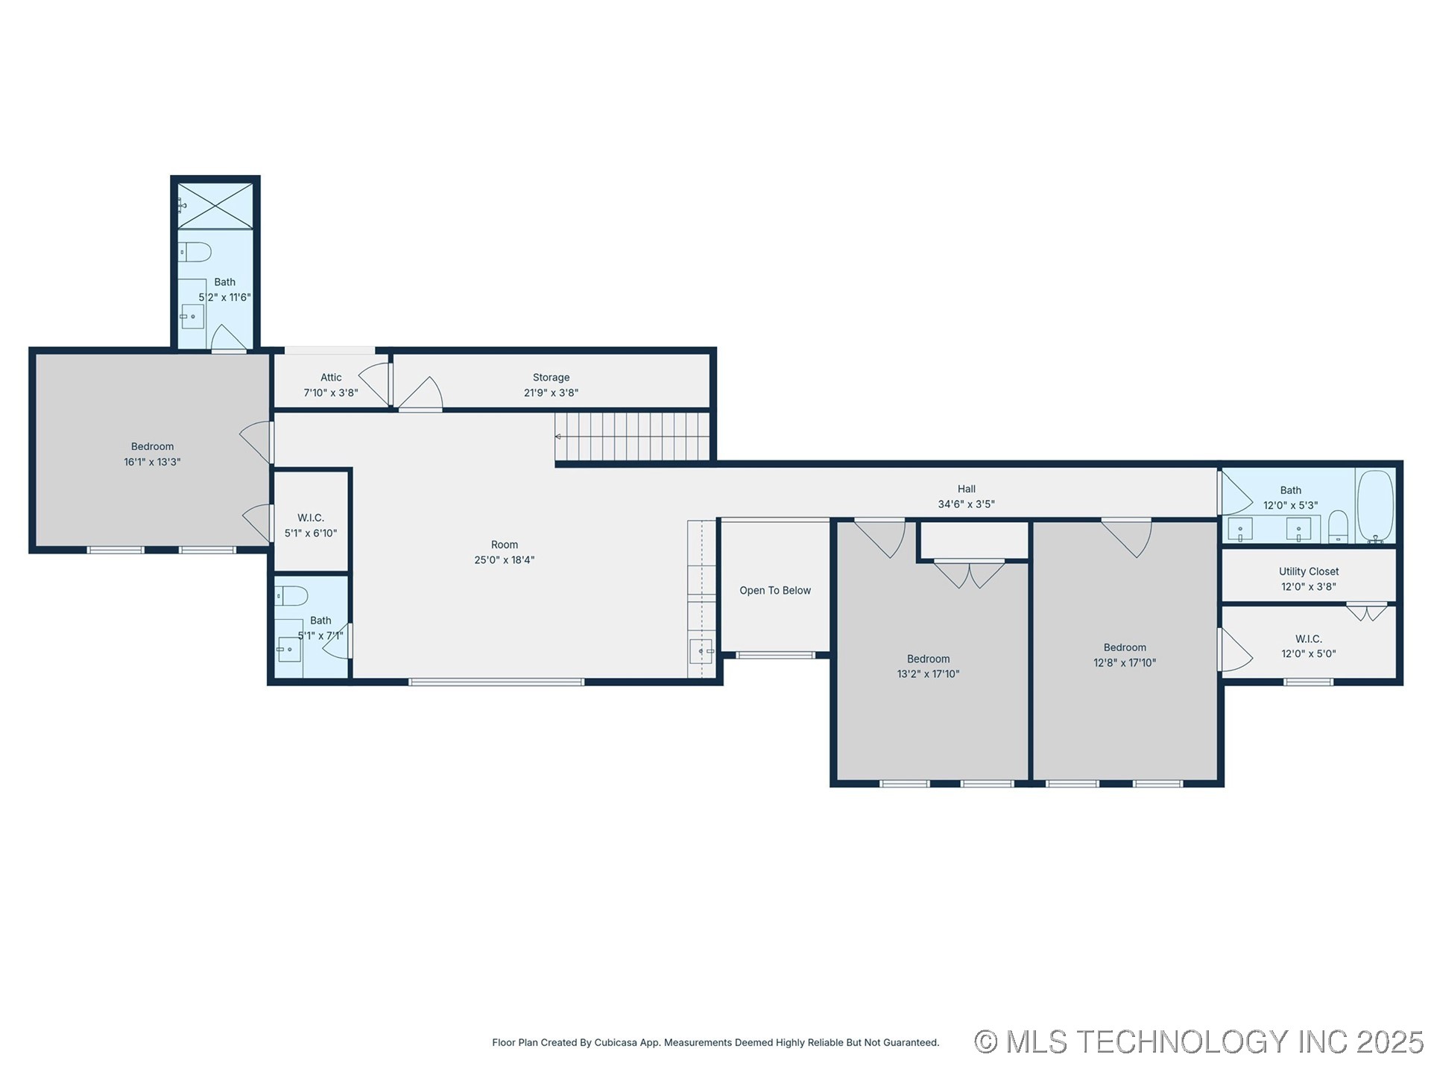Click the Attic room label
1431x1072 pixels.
pyautogui.click(x=331, y=378)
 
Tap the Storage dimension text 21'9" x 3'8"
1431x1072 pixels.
pyautogui.click(x=551, y=393)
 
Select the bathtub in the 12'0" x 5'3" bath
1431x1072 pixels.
pyautogui.click(x=1374, y=506)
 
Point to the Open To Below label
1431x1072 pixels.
pyautogui.click(x=774, y=591)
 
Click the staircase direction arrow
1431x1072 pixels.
pyautogui.click(x=558, y=437)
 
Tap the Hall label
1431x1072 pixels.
pyautogui.click(x=966, y=489)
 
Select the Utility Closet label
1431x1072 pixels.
pyautogui.click(x=1308, y=571)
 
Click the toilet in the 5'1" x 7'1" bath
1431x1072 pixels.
pyautogui.click(x=291, y=596)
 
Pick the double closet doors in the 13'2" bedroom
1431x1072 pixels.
pyautogui.click(x=969, y=574)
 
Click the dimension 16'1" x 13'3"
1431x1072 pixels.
pyautogui.click(x=152, y=462)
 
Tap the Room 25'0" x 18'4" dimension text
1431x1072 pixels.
pyautogui.click(x=504, y=560)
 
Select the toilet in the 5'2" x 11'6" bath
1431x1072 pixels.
pyautogui.click(x=195, y=252)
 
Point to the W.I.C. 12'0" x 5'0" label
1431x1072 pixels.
pyautogui.click(x=1308, y=639)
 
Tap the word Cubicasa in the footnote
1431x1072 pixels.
pyautogui.click(x=616, y=1043)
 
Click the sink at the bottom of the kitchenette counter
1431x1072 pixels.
pyautogui.click(x=701, y=651)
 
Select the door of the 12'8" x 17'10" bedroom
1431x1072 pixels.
pyautogui.click(x=1128, y=538)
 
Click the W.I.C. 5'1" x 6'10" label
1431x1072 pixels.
pyautogui.click(x=310, y=518)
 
